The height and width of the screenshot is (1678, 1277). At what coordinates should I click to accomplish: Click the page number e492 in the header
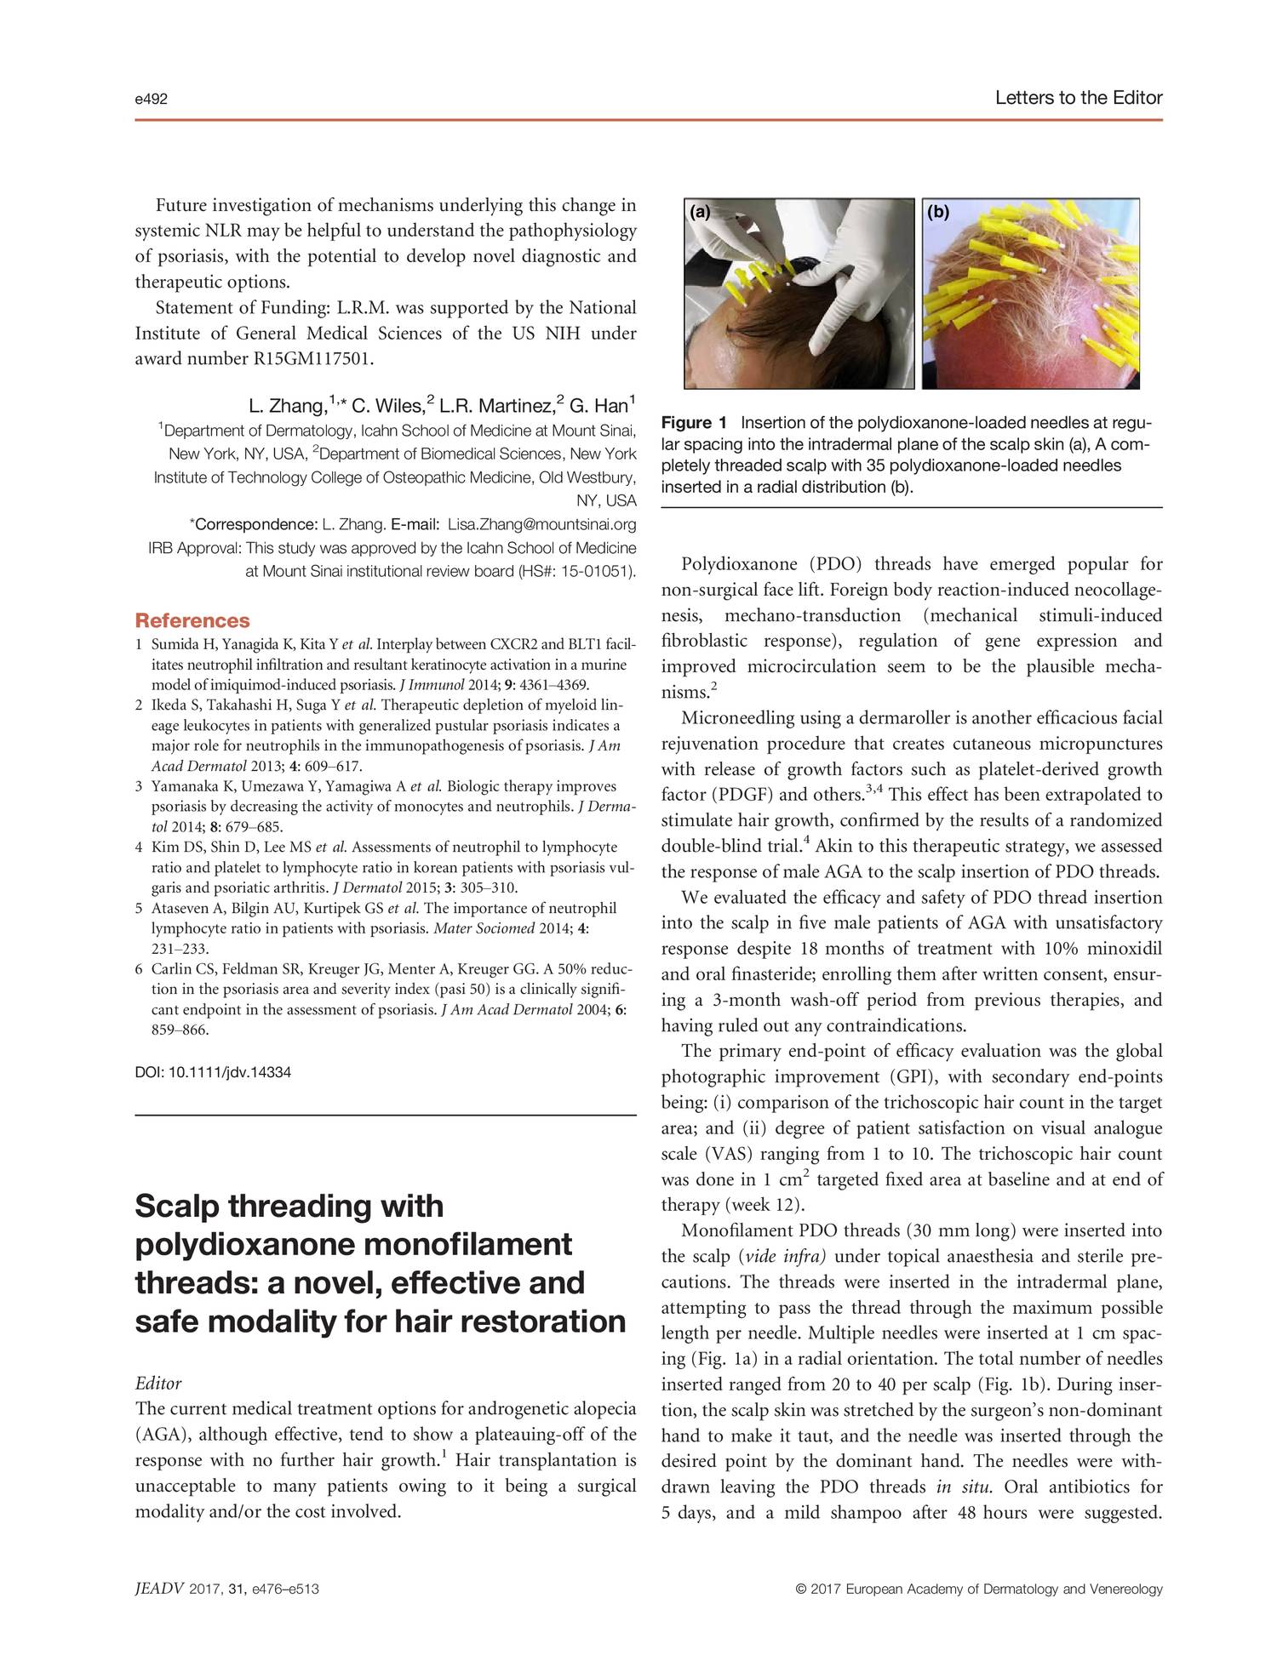point(152,100)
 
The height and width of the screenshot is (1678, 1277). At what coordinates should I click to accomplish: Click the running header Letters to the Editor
point(1078,98)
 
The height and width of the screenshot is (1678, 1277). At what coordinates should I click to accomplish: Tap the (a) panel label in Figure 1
point(700,213)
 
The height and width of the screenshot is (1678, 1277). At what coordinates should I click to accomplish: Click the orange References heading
point(192,620)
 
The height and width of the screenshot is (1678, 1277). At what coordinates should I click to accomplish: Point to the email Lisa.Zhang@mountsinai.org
point(542,523)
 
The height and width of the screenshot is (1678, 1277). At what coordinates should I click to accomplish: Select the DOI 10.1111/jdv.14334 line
point(213,1072)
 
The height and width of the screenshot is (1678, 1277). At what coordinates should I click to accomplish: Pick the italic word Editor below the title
point(158,1384)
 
